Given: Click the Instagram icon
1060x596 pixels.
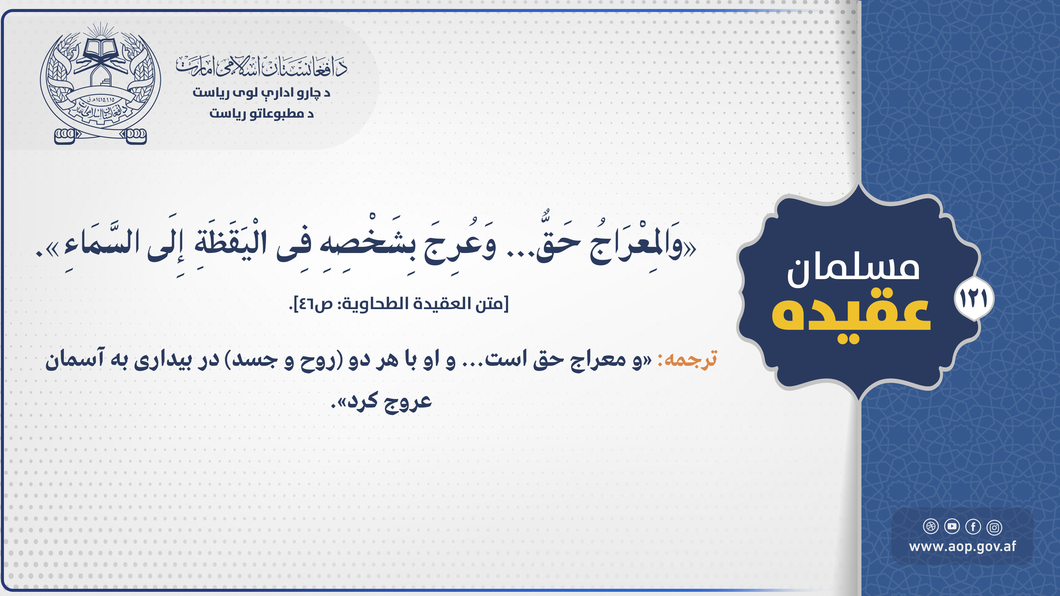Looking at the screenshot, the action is point(994,527).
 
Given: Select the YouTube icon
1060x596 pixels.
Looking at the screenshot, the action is point(952,526).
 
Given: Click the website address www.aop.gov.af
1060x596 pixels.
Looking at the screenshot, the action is point(962,547).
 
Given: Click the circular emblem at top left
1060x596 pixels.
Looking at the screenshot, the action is point(100,82).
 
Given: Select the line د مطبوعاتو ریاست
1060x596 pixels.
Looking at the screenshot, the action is point(262,113).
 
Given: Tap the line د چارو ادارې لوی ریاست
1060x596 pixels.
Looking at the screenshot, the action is point(262,92).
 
